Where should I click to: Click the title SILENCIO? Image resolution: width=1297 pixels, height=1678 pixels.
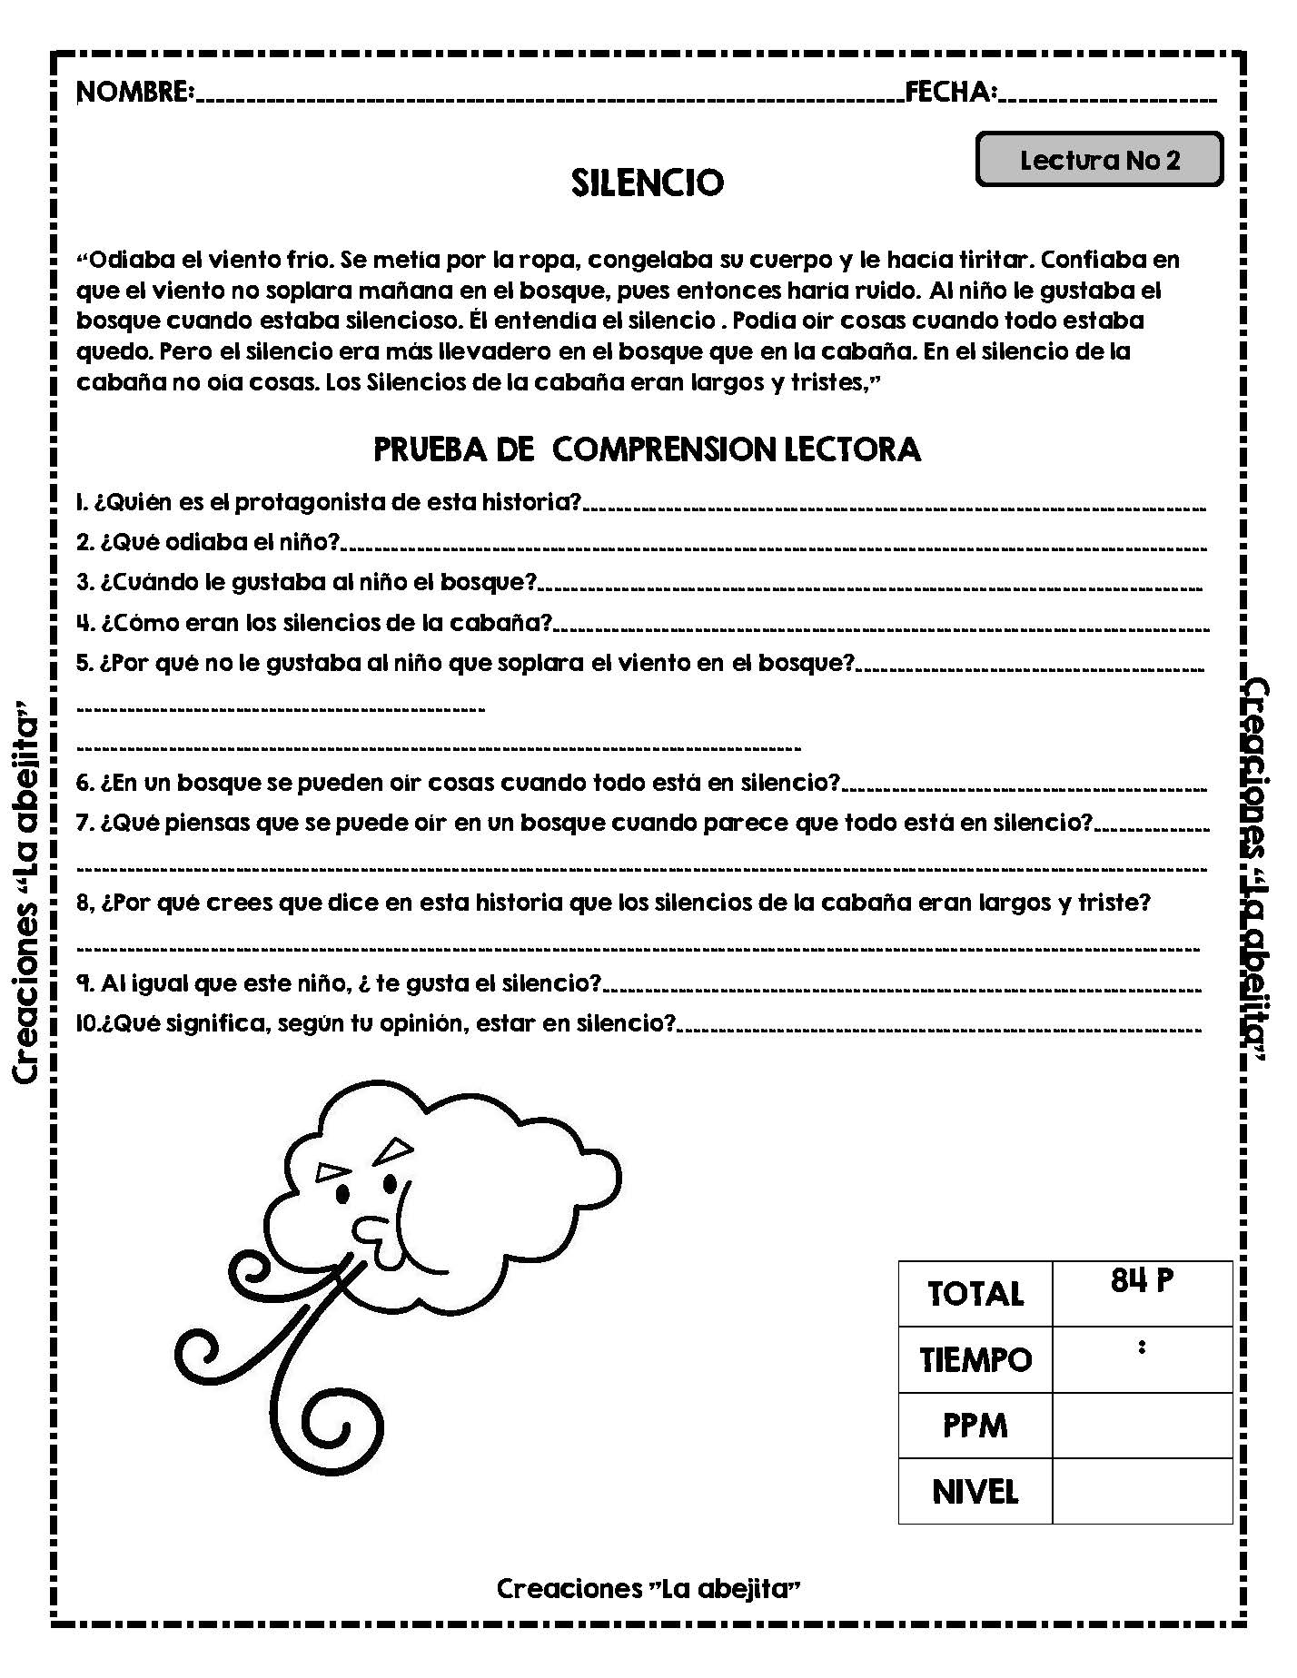pyautogui.click(x=648, y=183)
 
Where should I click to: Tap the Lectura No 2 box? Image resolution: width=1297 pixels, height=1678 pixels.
pyautogui.click(x=1099, y=161)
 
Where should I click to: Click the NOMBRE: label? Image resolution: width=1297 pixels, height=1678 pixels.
pyautogui.click(x=136, y=93)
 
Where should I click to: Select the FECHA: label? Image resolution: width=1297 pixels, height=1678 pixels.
pyautogui.click(x=951, y=93)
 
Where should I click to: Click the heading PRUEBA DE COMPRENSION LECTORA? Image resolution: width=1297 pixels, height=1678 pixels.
pyautogui.click(x=648, y=450)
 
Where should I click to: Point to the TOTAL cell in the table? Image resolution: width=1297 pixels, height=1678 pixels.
pyautogui.click(x=975, y=1294)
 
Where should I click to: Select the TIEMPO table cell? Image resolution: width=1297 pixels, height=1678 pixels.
pyautogui.click(x=975, y=1359)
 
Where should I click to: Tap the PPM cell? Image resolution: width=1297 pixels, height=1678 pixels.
pyautogui.click(x=975, y=1426)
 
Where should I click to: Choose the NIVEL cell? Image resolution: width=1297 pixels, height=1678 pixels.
pyautogui.click(x=975, y=1491)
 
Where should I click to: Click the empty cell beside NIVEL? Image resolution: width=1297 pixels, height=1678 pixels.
pyautogui.click(x=1142, y=1491)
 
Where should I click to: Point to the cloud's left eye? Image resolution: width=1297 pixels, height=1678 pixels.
pyautogui.click(x=342, y=1192)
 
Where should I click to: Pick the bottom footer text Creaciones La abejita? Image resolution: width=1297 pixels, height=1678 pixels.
pyautogui.click(x=648, y=1588)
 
